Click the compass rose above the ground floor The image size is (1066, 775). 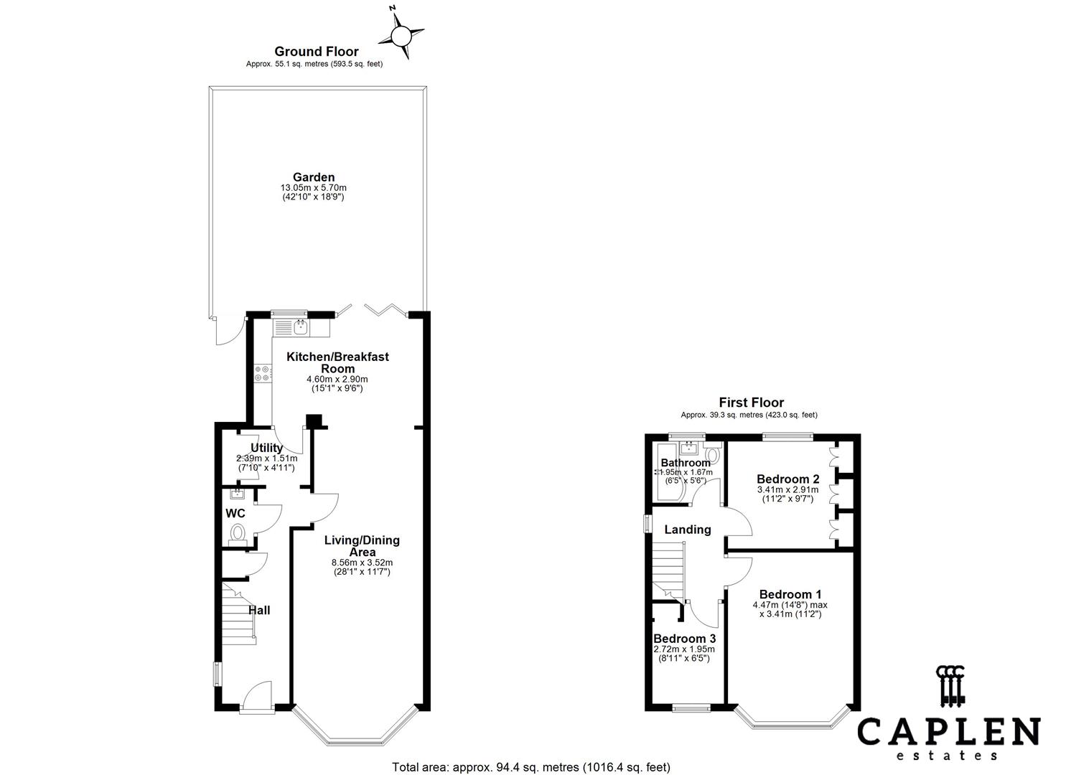(x=401, y=34)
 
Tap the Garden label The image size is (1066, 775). (x=313, y=177)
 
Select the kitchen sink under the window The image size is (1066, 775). (x=299, y=328)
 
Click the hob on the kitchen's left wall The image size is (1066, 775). (x=263, y=373)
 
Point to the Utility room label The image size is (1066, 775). (x=266, y=448)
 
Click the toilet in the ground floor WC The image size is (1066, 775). (x=237, y=532)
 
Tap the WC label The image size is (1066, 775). (x=235, y=513)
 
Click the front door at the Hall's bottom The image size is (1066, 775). (x=256, y=697)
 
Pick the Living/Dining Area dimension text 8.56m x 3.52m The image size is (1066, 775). (x=362, y=563)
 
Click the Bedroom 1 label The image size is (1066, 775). (x=790, y=594)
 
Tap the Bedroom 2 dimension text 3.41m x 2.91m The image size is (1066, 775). (x=787, y=490)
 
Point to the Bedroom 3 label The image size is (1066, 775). (x=684, y=639)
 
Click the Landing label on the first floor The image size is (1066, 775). (x=687, y=530)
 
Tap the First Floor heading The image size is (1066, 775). (x=751, y=403)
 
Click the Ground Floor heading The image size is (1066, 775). (x=316, y=51)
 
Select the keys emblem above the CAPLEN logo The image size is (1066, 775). (x=950, y=685)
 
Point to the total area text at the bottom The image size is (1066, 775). (x=531, y=767)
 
